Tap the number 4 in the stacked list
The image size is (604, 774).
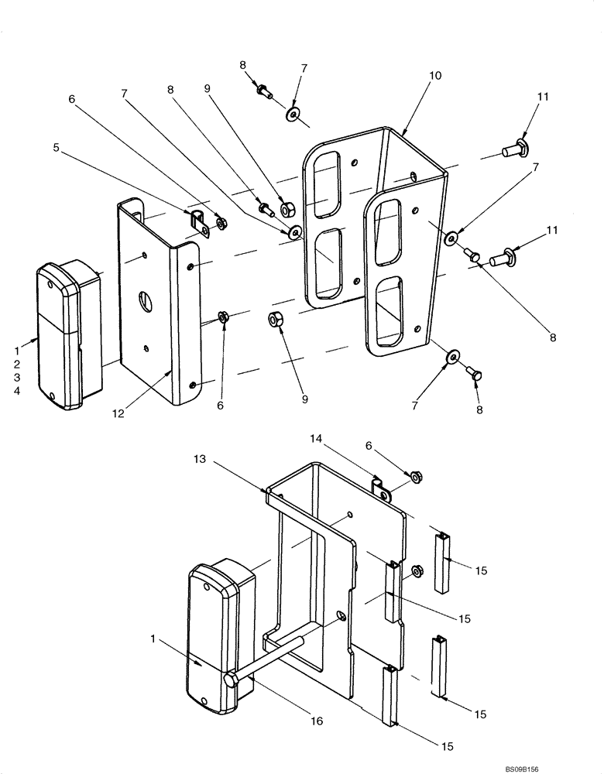click(17, 391)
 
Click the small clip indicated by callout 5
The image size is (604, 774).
click(200, 221)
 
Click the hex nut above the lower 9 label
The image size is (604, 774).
click(276, 317)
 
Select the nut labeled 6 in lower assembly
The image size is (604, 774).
click(415, 478)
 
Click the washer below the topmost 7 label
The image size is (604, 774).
click(293, 115)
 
